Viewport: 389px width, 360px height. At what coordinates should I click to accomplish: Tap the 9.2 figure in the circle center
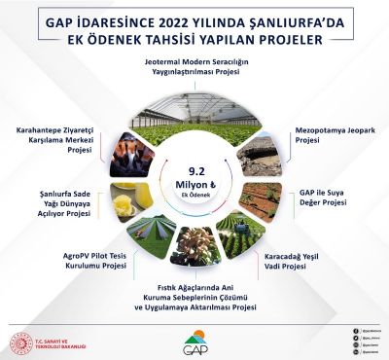[x=194, y=165]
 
